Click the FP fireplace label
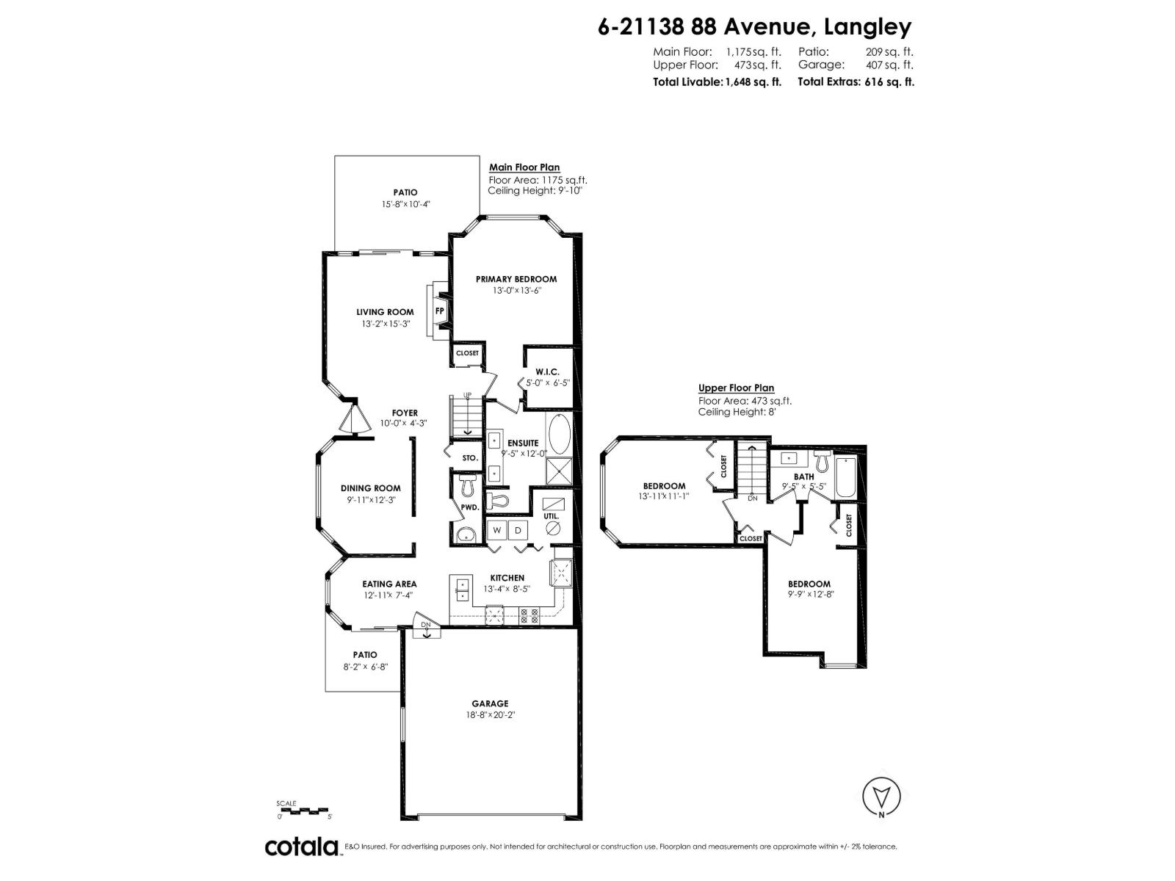pyautogui.click(x=440, y=311)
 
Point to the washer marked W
pyautogui.click(x=496, y=530)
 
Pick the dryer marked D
pyautogui.click(x=517, y=530)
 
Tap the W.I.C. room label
pyautogui.click(x=548, y=372)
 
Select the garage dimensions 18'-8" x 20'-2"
pyautogui.click(x=490, y=714)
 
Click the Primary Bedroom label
pyautogui.click(x=516, y=279)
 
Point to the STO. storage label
pyautogui.click(x=470, y=458)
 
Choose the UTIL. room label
pyautogui.click(x=551, y=516)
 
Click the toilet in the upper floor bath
pyautogui.click(x=822, y=463)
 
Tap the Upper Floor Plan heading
pyautogui.click(x=736, y=388)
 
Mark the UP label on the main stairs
pyautogui.click(x=466, y=396)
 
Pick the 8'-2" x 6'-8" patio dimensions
pyautogui.click(x=365, y=667)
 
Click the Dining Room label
pyautogui.click(x=370, y=488)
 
